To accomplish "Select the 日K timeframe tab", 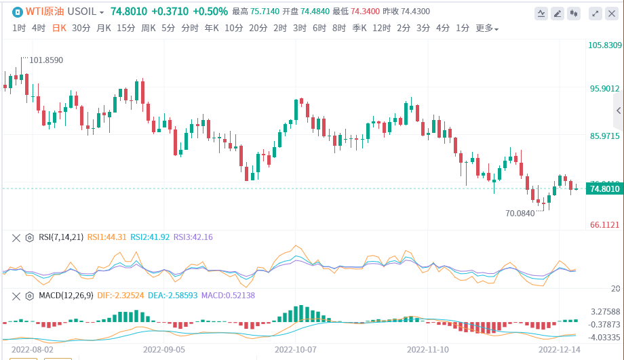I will coord(59,28).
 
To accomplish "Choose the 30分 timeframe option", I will coord(81,28).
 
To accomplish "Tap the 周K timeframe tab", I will coord(149,28).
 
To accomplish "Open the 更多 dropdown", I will coord(487,28).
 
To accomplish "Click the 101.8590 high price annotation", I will coord(46,60).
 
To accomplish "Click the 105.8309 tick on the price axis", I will coord(604,45).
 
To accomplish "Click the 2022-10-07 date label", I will coord(296,350).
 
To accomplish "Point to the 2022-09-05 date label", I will coord(164,350).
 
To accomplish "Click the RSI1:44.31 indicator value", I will coord(106,237).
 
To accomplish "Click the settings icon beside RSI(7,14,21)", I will coord(29,237).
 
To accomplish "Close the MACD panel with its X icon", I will coord(16,296).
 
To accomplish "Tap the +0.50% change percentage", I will coord(210,12).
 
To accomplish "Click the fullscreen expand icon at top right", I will coord(595,13).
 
